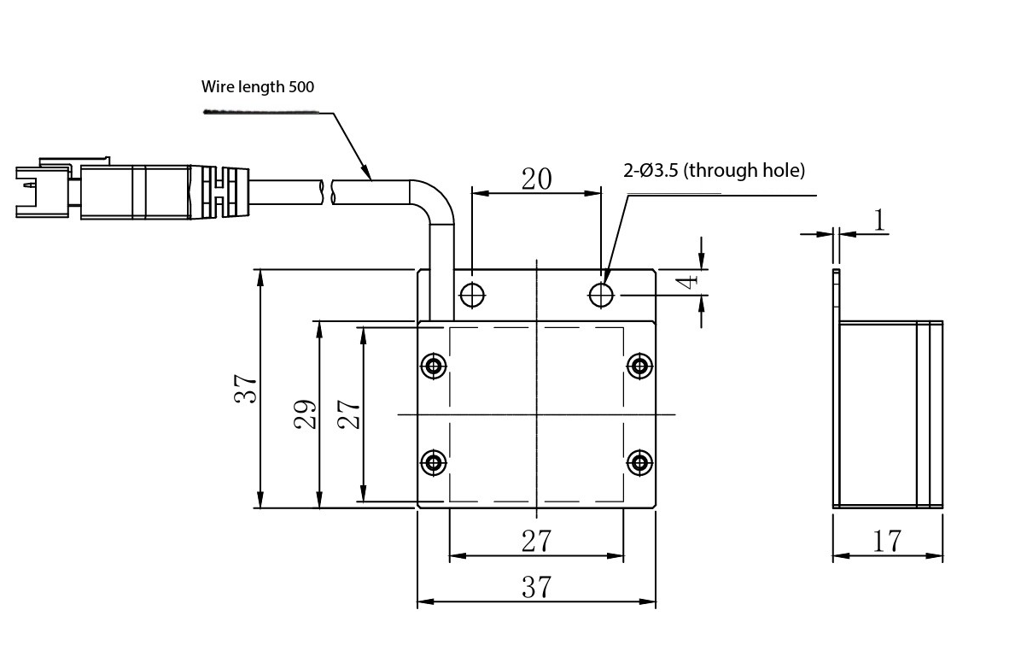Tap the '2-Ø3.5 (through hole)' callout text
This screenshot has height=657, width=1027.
(715, 170)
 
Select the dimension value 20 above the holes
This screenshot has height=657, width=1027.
(537, 179)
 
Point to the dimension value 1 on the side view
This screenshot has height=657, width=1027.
(879, 220)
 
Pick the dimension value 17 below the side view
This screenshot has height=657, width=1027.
(888, 541)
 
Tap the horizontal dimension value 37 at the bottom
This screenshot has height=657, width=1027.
(536, 587)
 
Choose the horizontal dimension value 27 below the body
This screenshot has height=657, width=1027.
(536, 541)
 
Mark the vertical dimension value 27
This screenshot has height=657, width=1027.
(349, 414)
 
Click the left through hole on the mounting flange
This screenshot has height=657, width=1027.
(472, 295)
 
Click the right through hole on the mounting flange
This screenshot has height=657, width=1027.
(602, 295)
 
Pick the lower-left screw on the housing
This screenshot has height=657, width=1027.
(435, 463)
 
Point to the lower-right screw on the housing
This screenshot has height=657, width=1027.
(639, 463)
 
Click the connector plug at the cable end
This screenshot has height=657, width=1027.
(102, 189)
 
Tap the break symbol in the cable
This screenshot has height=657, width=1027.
(328, 190)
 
